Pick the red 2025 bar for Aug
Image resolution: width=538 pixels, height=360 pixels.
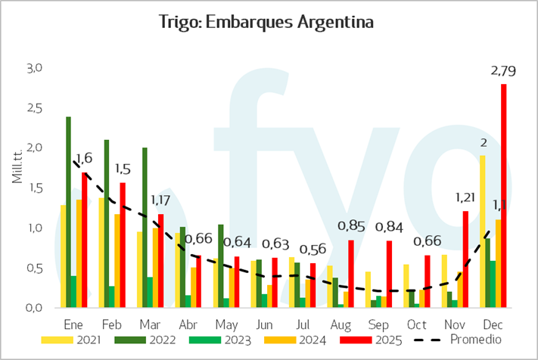point(351,273)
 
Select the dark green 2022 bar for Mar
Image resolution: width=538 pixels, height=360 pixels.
point(145,227)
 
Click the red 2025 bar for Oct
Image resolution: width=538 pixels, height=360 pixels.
point(428,281)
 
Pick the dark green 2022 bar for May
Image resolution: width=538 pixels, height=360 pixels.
point(221,265)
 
